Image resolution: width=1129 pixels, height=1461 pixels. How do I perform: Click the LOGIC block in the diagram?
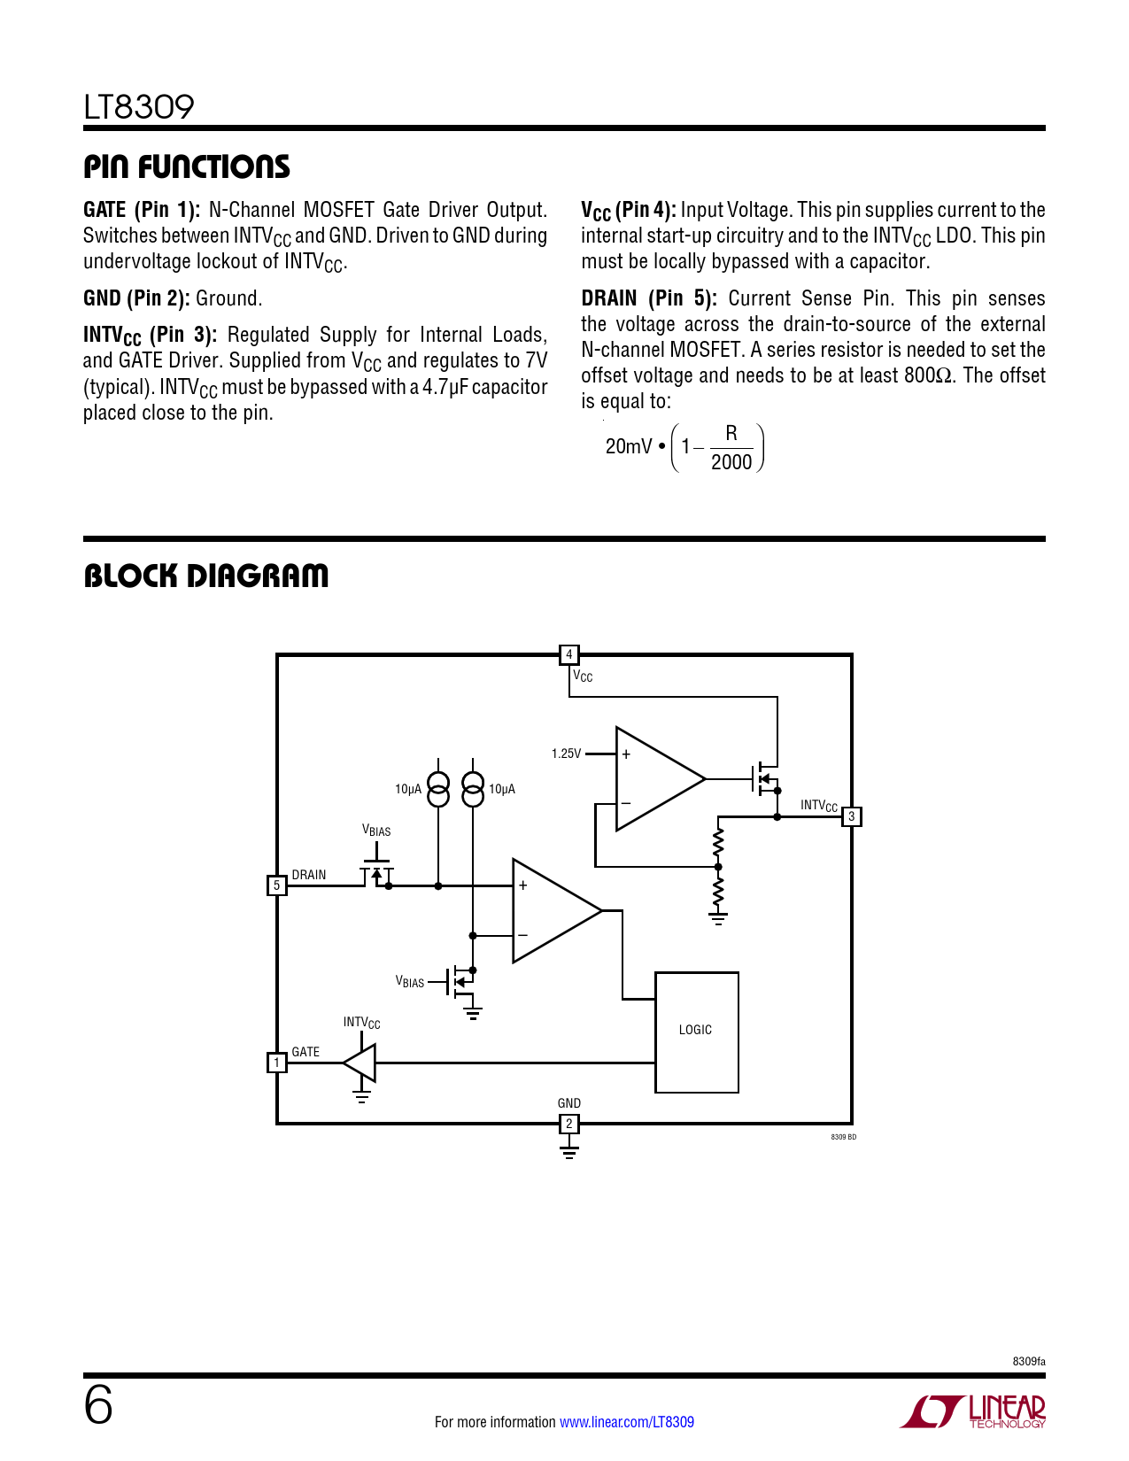696,1032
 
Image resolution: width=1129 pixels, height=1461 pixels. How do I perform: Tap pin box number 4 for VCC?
568,654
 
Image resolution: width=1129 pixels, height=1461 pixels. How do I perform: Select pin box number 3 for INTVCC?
851,816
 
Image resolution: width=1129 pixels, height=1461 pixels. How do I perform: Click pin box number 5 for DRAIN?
276,885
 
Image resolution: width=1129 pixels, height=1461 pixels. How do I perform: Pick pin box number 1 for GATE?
276,1062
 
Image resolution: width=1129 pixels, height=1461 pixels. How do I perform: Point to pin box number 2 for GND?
568,1124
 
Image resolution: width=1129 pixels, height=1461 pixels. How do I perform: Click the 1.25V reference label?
566,754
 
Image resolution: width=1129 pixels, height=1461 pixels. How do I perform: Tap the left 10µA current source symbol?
438,789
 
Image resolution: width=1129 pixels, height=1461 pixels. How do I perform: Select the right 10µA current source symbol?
474,789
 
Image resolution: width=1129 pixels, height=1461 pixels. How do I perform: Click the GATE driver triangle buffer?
361,1062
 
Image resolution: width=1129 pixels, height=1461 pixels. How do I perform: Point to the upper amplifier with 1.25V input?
655,779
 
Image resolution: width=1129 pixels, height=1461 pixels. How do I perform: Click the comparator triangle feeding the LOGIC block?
553,910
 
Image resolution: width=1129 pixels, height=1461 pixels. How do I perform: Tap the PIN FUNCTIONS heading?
187,166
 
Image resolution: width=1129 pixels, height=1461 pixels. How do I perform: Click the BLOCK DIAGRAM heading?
205,576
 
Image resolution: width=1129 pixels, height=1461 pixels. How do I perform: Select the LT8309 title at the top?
139,107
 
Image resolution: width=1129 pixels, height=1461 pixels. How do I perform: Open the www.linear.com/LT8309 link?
627,1422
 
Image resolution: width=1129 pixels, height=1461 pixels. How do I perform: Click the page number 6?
98,1405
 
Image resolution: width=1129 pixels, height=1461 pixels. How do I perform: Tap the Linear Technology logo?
974,1411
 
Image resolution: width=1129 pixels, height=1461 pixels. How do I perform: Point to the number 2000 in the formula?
731,462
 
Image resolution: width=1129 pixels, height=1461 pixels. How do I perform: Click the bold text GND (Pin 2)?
136,298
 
